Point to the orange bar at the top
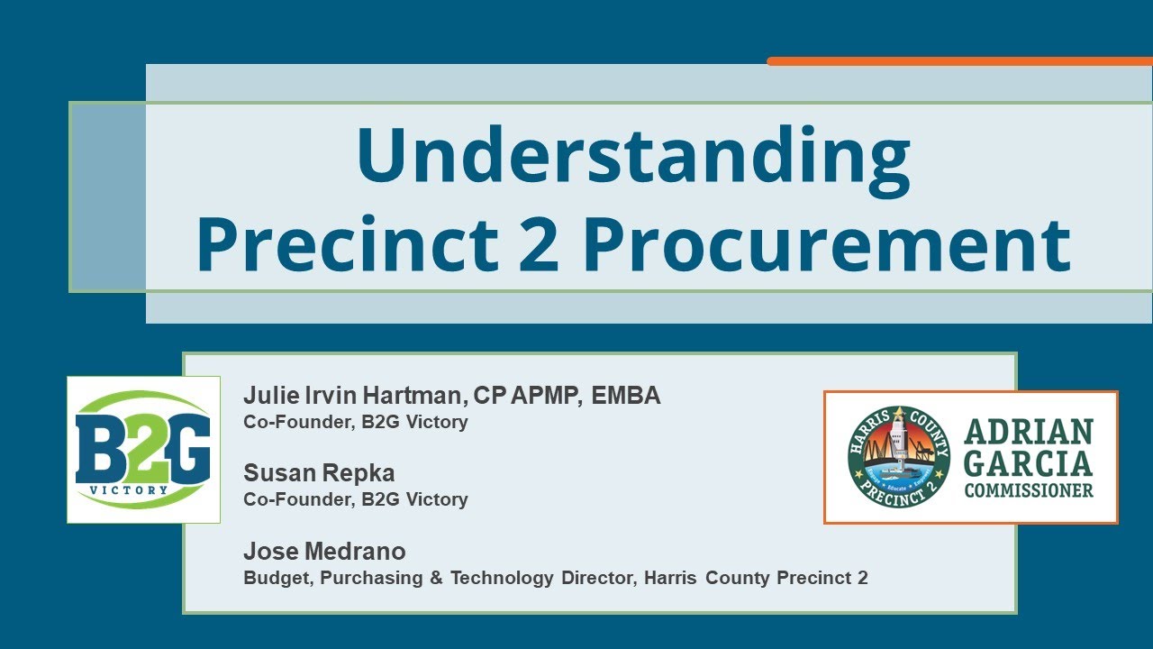959,61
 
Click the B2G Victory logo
143,450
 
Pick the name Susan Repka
319,473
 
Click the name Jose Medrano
324,551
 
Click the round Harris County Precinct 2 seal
899,457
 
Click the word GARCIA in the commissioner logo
1029,463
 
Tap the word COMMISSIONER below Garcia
1029,491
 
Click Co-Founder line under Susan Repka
356,499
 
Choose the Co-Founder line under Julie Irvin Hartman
356,422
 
